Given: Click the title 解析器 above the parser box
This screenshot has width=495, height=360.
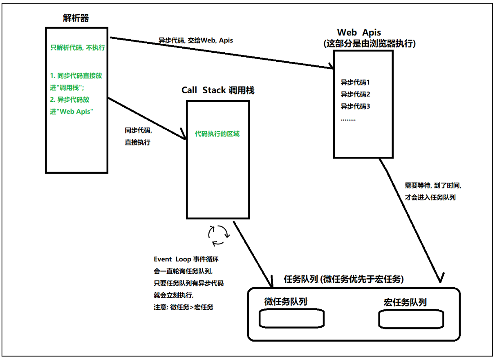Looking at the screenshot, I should point(76,18).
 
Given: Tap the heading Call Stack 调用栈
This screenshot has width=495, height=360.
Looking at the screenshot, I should point(218,90).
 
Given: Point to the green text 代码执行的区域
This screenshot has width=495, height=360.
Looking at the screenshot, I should point(217,134).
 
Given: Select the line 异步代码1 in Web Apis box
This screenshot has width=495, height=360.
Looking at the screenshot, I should point(355,82).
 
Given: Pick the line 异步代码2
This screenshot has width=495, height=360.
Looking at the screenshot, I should point(355,94).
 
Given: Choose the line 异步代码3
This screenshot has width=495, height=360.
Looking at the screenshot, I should point(355,107).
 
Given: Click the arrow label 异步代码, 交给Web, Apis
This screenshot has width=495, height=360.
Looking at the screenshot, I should point(196,40).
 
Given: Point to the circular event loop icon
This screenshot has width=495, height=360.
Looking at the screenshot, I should point(219,236).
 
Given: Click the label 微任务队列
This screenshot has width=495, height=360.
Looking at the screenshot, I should point(286,302).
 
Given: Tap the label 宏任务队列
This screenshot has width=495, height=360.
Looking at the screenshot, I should point(405,302).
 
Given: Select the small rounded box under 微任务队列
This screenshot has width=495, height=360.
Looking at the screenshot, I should point(292,319).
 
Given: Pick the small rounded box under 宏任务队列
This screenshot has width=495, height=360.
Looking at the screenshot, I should point(411,319).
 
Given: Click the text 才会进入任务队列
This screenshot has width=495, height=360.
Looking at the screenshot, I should point(430,197).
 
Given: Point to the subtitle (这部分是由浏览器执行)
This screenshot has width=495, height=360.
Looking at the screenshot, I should point(369,44).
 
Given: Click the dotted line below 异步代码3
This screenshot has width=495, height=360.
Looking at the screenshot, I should point(348,119).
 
